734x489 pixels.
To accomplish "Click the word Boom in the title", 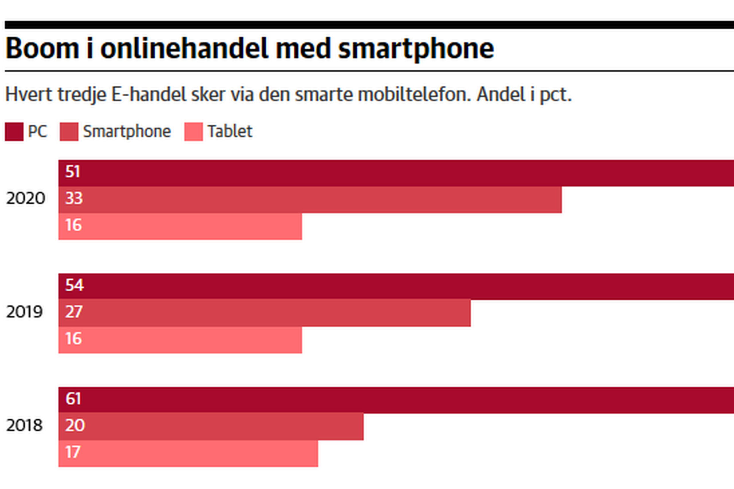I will tap(42, 48).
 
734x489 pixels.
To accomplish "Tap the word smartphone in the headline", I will tap(416, 49).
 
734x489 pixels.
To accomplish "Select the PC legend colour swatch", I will tap(14, 131).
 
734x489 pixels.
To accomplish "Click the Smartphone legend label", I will tap(127, 131).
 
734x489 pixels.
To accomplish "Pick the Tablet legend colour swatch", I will tap(194, 131).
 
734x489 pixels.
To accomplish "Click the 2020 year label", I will tap(26, 198).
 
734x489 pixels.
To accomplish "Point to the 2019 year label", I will tap(24, 312).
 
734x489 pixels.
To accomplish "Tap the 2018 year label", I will tap(24, 425).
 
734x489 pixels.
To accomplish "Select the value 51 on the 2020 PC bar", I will tap(73, 172).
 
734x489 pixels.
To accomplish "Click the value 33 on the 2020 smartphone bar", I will tap(74, 198).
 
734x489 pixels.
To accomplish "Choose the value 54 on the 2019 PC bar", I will tap(74, 285).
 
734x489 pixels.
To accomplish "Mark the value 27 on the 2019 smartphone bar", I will tap(74, 312).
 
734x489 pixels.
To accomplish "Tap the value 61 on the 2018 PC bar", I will tap(73, 399).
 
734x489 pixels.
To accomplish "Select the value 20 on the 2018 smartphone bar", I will tap(75, 425).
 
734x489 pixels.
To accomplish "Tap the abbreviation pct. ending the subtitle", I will tap(555, 95).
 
